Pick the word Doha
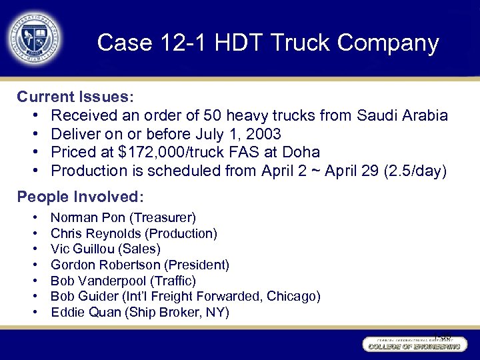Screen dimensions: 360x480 (301, 152)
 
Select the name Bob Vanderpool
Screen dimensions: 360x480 (100, 281)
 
